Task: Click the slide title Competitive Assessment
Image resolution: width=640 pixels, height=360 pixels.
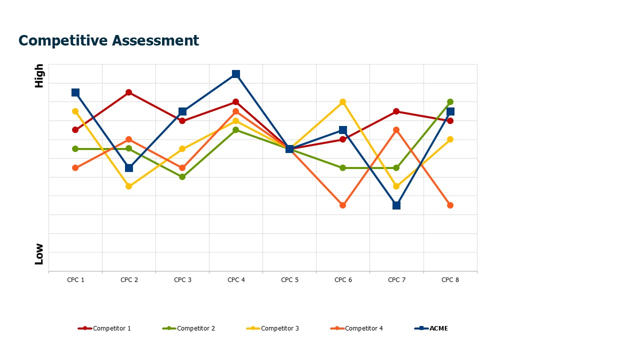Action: (108, 40)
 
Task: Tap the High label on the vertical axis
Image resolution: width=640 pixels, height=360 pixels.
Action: (39, 76)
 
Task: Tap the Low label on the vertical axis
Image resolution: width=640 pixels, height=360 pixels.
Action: (39, 254)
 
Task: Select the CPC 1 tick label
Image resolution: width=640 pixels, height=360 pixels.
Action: (75, 280)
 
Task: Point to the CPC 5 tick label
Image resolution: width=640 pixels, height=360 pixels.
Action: (289, 280)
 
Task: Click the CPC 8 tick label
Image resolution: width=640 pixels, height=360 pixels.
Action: (450, 280)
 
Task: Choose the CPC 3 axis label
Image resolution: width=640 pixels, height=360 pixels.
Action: (182, 280)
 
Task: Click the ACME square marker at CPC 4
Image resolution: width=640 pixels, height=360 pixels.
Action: (236, 74)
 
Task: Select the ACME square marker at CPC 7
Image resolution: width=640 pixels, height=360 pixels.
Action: (396, 205)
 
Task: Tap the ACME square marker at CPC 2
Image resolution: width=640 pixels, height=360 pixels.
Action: (129, 167)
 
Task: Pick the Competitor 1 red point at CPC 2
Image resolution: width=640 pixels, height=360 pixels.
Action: (129, 92)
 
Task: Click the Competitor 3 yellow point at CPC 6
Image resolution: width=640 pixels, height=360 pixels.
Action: (343, 102)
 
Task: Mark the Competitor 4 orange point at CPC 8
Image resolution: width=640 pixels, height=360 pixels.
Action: (450, 205)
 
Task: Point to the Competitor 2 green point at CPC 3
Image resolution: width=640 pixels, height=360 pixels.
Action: (182, 177)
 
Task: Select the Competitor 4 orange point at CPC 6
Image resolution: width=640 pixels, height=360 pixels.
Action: (343, 205)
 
